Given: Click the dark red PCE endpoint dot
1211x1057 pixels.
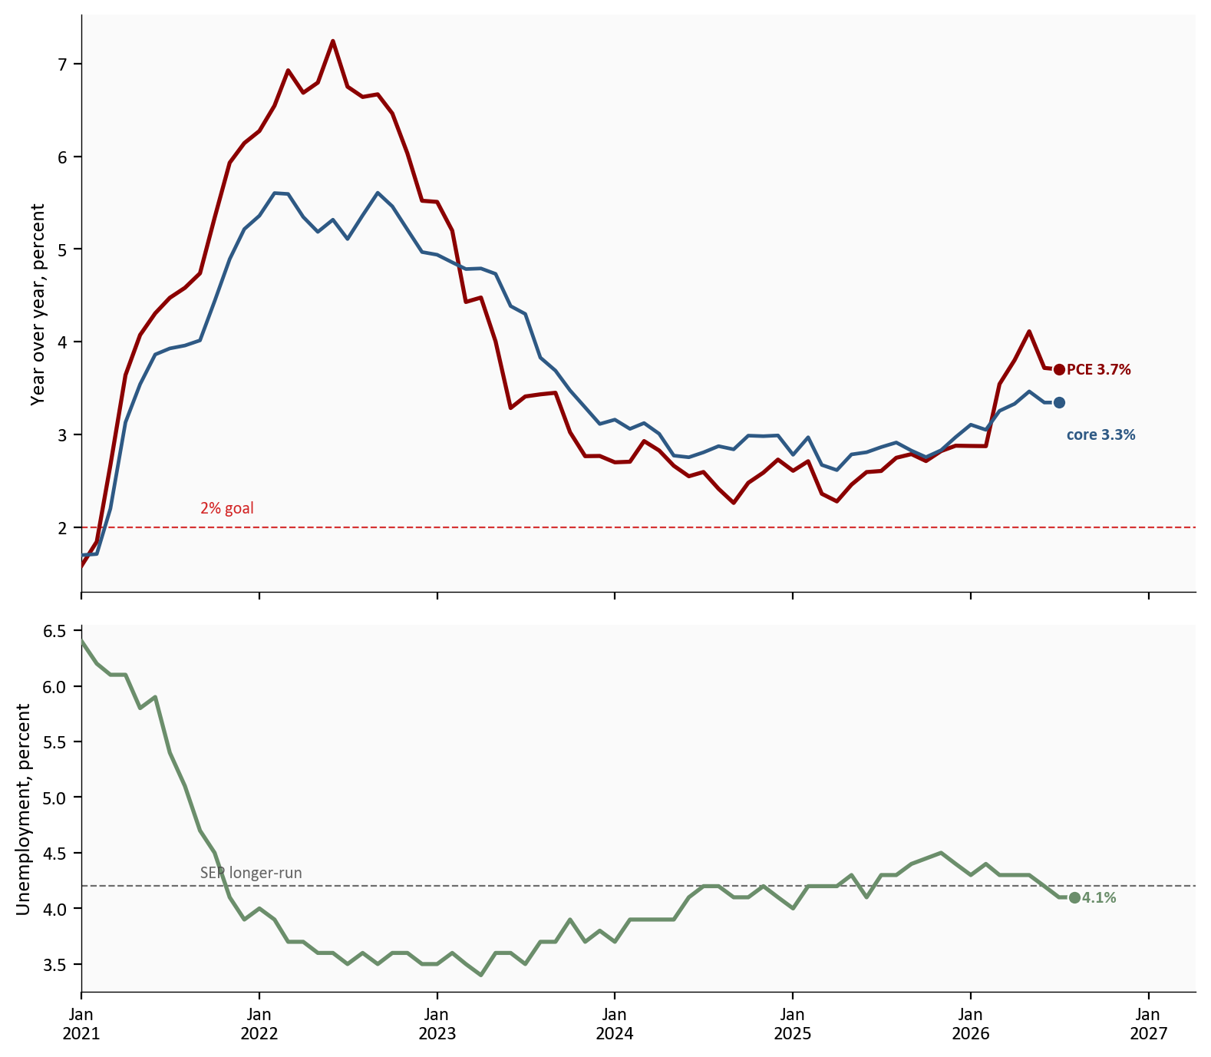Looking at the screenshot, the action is click(1059, 370).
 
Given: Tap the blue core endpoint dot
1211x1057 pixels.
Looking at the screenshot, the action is click(1059, 402).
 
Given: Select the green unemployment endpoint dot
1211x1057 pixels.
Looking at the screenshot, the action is click(1074, 897).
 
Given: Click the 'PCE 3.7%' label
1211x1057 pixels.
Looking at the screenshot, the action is click(1099, 370).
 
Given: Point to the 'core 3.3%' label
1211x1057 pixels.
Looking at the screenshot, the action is click(1100, 435).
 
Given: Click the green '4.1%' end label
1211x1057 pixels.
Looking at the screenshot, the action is click(1099, 898).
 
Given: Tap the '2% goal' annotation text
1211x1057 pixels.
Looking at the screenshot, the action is click(227, 508).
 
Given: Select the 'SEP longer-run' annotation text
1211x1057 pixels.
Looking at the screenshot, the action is click(251, 873).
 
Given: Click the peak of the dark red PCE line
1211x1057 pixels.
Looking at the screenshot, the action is click(332, 41).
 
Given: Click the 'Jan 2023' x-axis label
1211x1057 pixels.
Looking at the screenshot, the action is click(437, 1023).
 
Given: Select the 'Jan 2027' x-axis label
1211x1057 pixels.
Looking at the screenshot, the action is click(1149, 1023).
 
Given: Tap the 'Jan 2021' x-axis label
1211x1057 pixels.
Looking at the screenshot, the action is click(81, 1023).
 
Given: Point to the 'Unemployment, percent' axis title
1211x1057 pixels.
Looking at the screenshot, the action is click(23, 809).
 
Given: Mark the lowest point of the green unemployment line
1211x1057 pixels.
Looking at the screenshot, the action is click(480, 975).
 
